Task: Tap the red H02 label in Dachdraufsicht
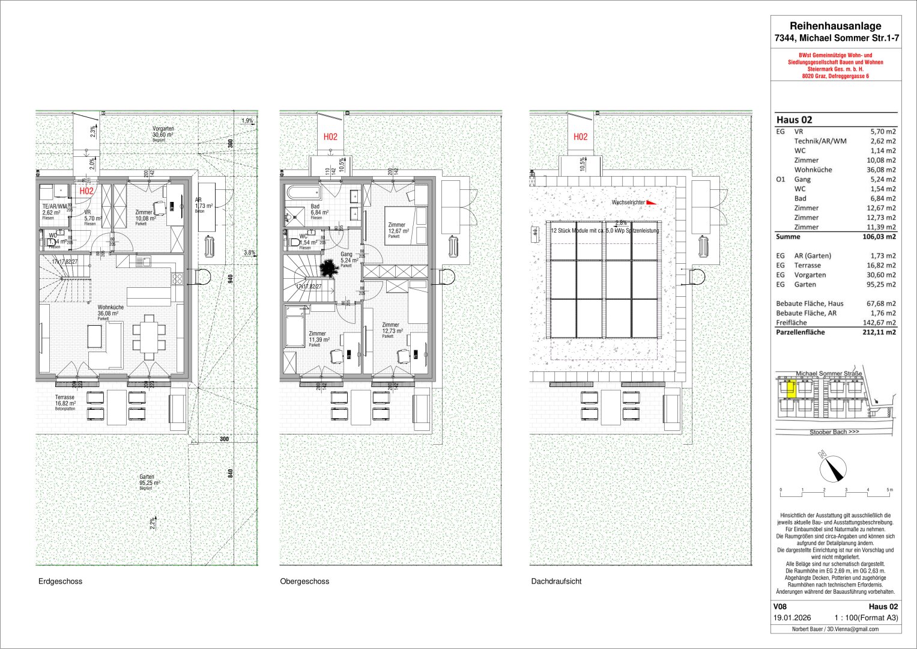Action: tap(580, 137)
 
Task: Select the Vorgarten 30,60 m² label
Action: tap(163, 132)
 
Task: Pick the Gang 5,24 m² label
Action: tap(347, 257)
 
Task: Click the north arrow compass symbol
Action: tap(832, 467)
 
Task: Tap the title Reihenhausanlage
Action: tap(835, 26)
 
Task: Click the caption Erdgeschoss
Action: tap(60, 582)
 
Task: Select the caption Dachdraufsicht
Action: tap(556, 582)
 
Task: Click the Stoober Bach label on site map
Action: tap(834, 432)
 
